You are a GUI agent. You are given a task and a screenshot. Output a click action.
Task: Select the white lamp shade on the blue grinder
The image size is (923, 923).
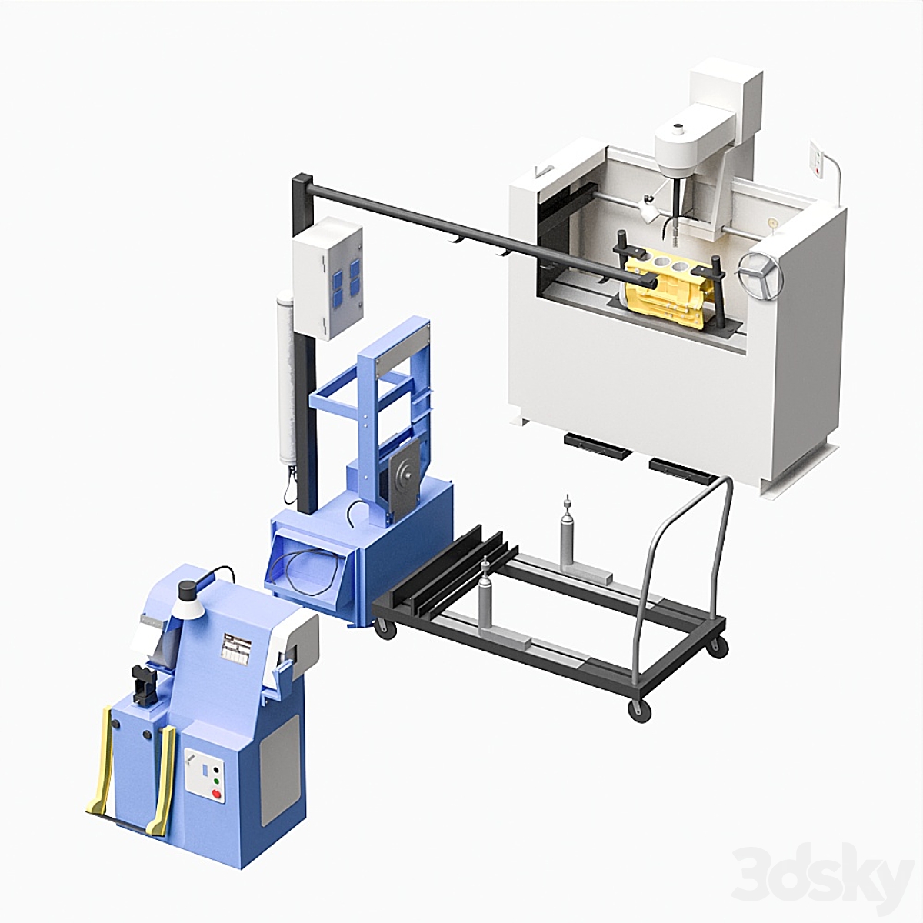tap(187, 608)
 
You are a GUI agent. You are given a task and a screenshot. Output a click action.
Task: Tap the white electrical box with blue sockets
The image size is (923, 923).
tap(328, 278)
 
